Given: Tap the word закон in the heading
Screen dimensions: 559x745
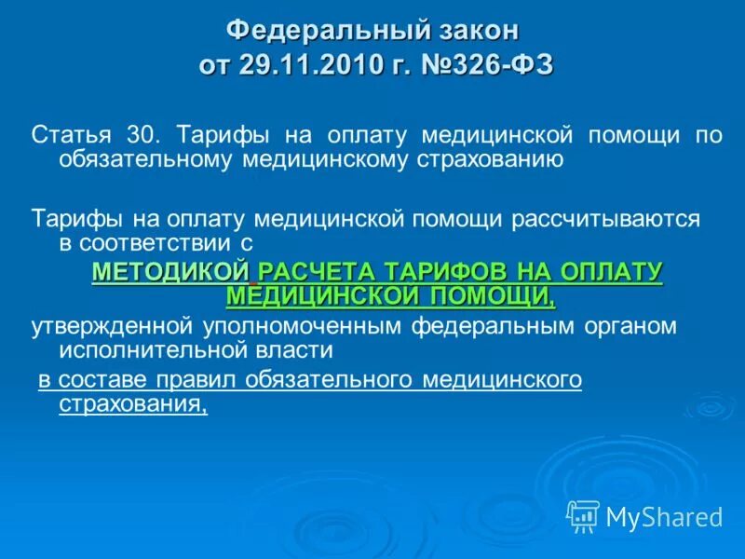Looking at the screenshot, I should pyautogui.click(x=474, y=30).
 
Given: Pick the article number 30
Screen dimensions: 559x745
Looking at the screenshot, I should pyautogui.click(x=145, y=135).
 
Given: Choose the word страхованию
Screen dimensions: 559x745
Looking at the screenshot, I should pyautogui.click(x=489, y=159).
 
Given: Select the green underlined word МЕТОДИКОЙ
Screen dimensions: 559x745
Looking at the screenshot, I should pyautogui.click(x=171, y=271).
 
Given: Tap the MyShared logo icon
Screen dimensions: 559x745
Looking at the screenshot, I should pyautogui.click(x=583, y=515).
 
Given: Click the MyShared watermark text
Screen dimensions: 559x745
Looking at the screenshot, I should pyautogui.click(x=664, y=516).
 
